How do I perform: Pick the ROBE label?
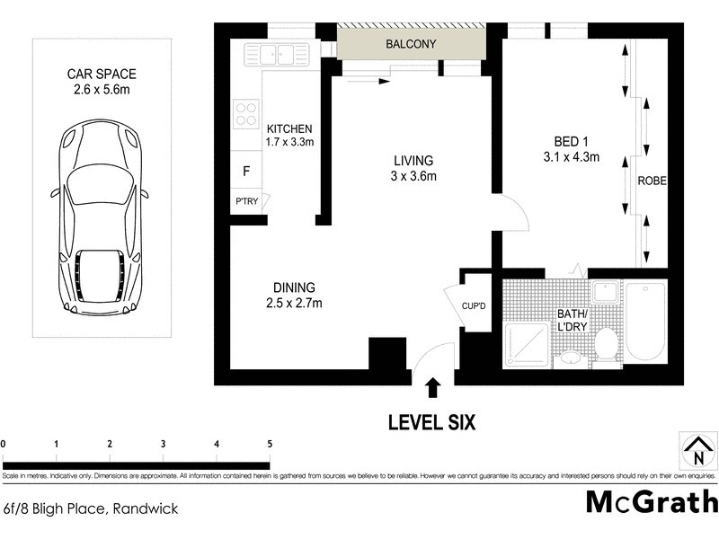652,180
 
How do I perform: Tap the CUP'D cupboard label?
474,307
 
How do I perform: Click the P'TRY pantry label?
246,201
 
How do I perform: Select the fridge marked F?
246,171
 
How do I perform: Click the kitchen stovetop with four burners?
244,113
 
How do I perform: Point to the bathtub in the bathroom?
644,323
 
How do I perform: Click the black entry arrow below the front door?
433,387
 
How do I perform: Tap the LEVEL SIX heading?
431,421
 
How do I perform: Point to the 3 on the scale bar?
163,444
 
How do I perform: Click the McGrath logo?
652,501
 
